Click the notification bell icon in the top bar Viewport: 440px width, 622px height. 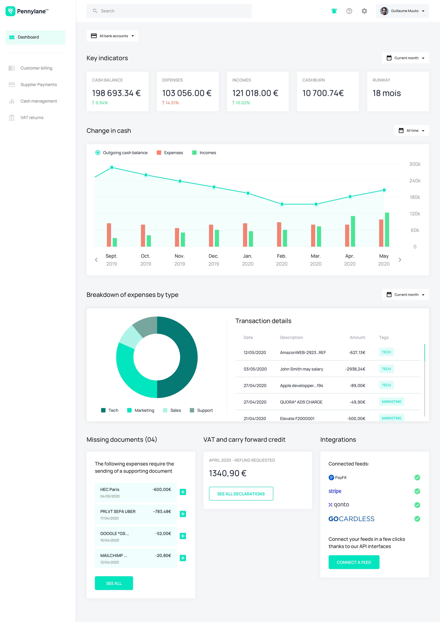[x=334, y=11]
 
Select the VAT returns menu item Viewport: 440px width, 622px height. [x=32, y=117]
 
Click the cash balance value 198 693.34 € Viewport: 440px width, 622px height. [x=116, y=93]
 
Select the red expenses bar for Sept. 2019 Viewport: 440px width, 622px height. [x=109, y=235]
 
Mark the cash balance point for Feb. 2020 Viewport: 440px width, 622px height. [x=282, y=204]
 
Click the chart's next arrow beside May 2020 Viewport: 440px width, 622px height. [x=400, y=260]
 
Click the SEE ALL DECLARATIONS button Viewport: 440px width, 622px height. [x=241, y=494]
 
